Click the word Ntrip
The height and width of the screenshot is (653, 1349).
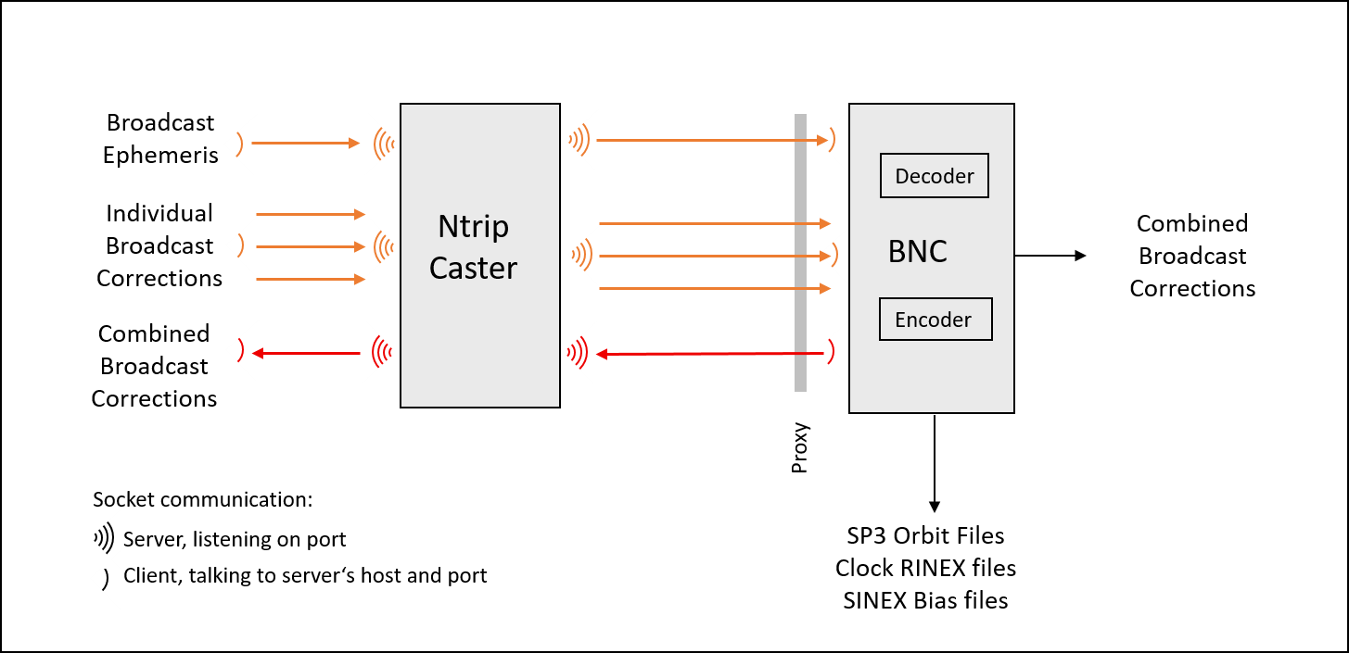pyautogui.click(x=473, y=227)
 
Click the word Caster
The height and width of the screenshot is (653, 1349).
pyautogui.click(x=473, y=269)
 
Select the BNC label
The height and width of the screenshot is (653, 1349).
pyautogui.click(x=917, y=252)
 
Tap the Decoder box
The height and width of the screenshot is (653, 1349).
pyautogui.click(x=934, y=176)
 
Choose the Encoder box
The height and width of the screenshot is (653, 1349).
pyautogui.click(x=935, y=320)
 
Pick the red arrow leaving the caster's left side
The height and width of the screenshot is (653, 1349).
pyautogui.click(x=306, y=353)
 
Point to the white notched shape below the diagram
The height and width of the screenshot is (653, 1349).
pyautogui.click(x=92, y=558)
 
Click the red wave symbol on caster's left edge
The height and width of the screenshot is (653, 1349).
pyautogui.click(x=381, y=352)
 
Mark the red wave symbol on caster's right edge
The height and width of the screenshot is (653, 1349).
pyautogui.click(x=578, y=352)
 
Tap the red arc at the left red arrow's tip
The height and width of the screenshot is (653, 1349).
pyautogui.click(x=240, y=351)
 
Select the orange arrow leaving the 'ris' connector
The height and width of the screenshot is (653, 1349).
pyautogui.click(x=306, y=143)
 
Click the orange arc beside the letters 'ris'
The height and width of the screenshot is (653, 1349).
pyautogui.click(x=239, y=144)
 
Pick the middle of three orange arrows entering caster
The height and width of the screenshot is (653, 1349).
pyautogui.click(x=311, y=246)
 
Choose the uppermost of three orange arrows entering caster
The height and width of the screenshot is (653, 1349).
pyautogui.click(x=311, y=214)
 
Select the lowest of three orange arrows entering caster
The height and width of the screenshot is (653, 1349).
pyautogui.click(x=311, y=279)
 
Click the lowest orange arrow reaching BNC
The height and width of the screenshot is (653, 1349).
pyautogui.click(x=714, y=288)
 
